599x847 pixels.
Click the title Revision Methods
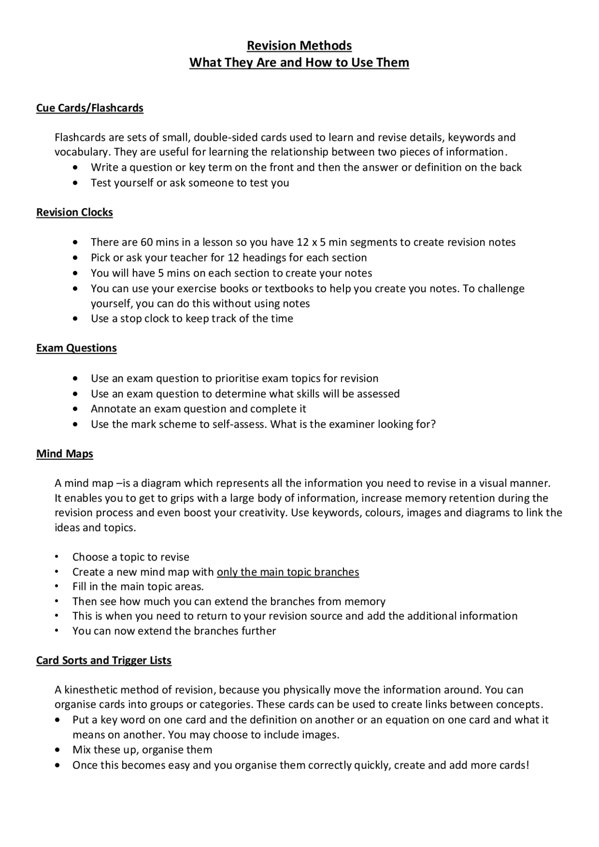pos(299,45)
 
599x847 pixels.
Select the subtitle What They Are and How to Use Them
pos(299,62)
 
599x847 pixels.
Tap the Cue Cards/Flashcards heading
pos(90,108)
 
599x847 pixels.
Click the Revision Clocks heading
pos(74,212)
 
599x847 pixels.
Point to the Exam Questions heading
pos(76,348)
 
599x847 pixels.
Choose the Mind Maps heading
pos(65,454)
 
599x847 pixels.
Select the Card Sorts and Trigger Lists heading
pos(103,660)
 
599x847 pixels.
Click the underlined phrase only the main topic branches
pos(288,572)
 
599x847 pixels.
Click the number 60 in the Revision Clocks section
pos(146,242)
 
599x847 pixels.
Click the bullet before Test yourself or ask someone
pos(76,183)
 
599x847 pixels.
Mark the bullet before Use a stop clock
pos(76,319)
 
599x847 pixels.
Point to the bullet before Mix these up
pos(58,750)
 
